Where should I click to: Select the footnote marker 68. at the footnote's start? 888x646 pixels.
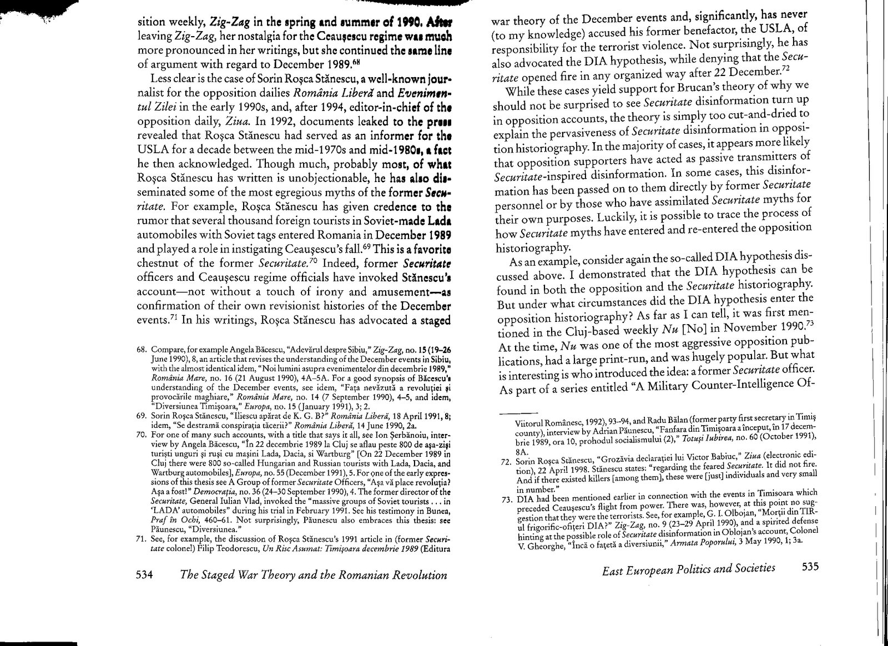pos(142,350)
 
